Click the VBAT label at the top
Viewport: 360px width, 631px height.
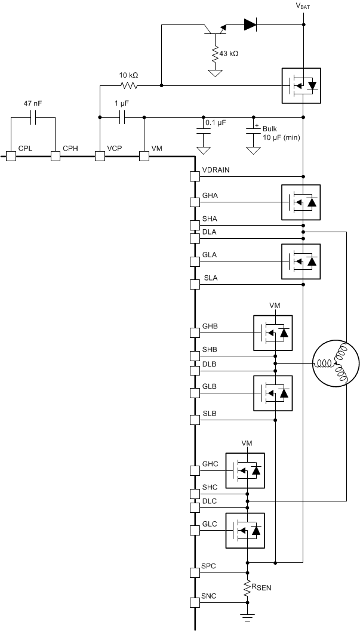pyautogui.click(x=303, y=6)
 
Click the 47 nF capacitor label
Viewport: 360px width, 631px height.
pyautogui.click(x=32, y=103)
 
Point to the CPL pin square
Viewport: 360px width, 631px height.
pyautogui.click(x=11, y=156)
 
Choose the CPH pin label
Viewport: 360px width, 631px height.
pyautogui.click(x=70, y=147)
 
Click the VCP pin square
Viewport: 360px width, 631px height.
pyautogui.click(x=100, y=156)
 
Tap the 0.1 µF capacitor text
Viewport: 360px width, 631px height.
pyautogui.click(x=215, y=122)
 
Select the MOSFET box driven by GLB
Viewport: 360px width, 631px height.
pyautogui.click(x=273, y=393)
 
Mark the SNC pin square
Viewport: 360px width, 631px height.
pyautogui.click(x=194, y=602)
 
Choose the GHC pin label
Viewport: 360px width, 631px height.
pyautogui.click(x=210, y=463)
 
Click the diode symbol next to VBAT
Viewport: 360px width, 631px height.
pyautogui.click(x=250, y=25)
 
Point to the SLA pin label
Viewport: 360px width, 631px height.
pyautogui.click(x=210, y=278)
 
